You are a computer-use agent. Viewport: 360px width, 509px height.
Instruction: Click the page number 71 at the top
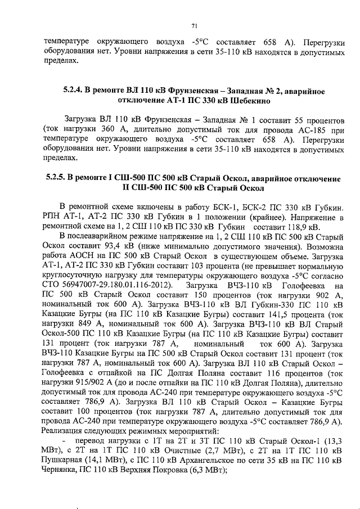click(193, 25)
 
